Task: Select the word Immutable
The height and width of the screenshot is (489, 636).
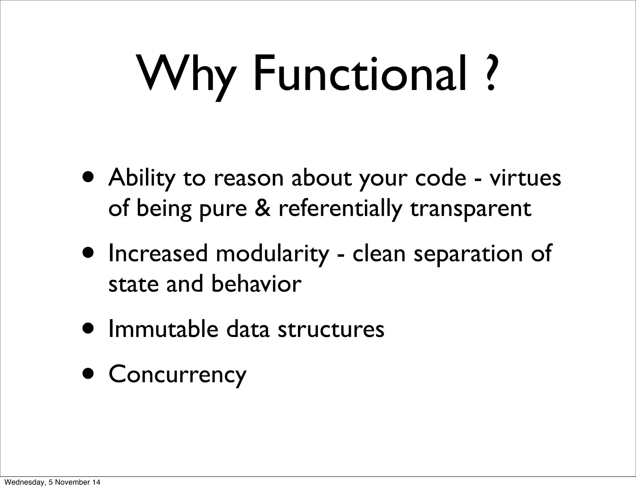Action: [163, 330]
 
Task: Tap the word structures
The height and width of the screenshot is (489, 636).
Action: [331, 330]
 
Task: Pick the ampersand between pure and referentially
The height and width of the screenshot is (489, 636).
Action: [262, 209]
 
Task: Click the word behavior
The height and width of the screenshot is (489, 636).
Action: [257, 284]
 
